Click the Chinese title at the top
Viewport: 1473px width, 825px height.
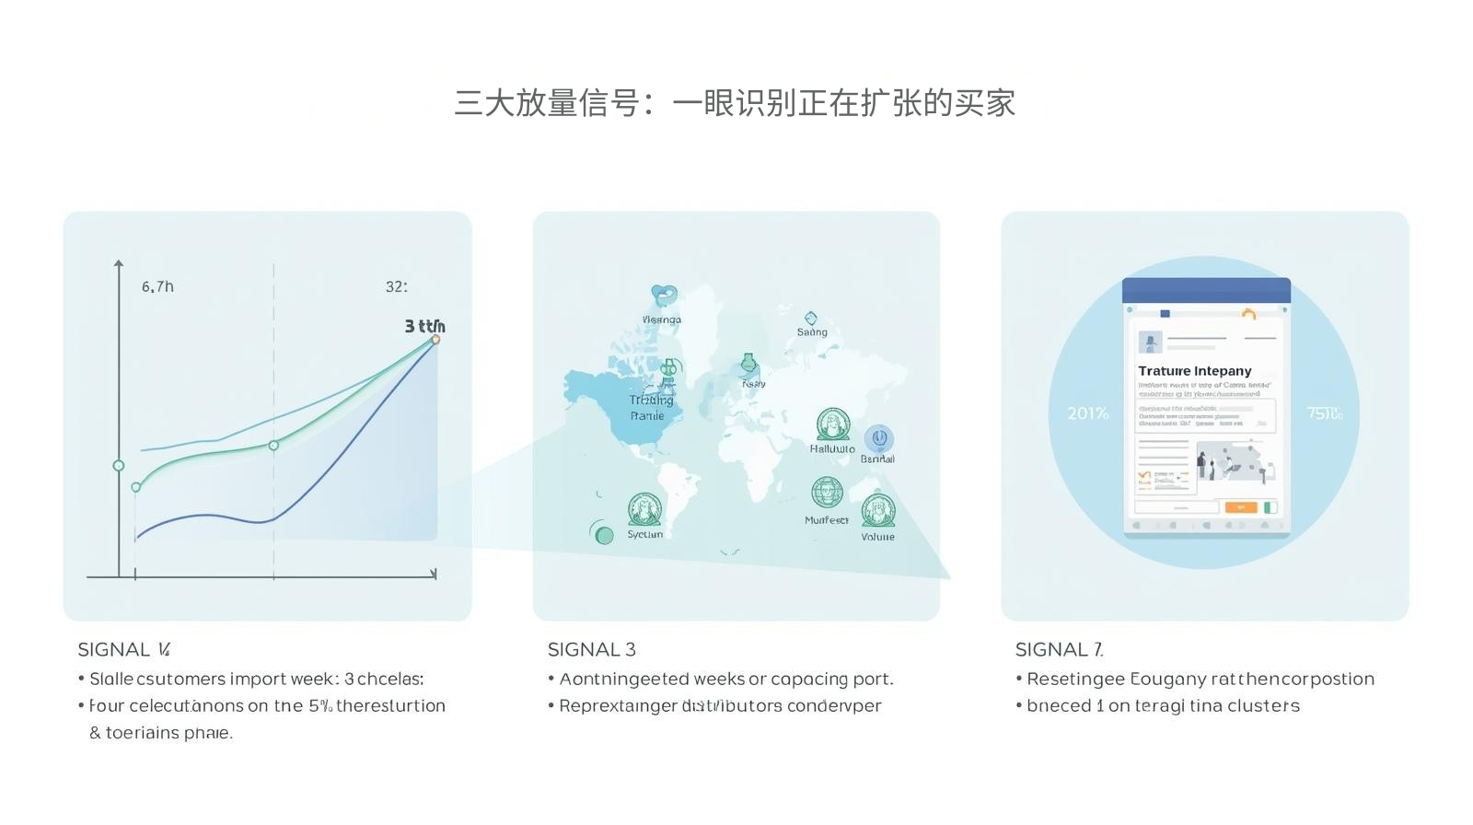coord(735,102)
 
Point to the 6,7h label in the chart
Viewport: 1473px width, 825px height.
coord(157,286)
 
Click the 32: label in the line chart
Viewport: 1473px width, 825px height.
coord(396,286)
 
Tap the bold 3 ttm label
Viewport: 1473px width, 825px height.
coord(424,326)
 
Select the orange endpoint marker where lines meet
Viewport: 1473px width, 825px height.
coord(435,340)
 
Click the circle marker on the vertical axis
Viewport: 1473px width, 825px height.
coord(118,466)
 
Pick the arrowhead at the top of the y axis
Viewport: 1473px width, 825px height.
coord(118,264)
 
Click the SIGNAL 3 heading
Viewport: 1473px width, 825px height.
coord(591,649)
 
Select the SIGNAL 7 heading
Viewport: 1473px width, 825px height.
coord(1059,649)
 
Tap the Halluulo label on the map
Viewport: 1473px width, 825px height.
coord(832,449)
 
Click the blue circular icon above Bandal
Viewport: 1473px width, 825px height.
coord(878,438)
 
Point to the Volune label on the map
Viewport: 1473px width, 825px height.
coord(877,537)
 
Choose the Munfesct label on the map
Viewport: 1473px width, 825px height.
coord(827,520)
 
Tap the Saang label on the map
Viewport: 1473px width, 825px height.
coord(812,332)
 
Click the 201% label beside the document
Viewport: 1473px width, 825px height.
coord(1087,413)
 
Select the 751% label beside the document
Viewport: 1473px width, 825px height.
coord(1325,413)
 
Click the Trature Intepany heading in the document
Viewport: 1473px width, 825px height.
coord(1194,371)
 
